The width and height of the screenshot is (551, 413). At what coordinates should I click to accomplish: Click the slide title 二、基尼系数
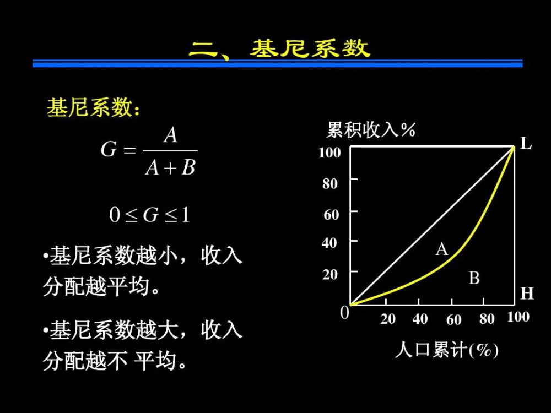(280, 48)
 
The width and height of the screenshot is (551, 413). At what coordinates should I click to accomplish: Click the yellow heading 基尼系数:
(93, 107)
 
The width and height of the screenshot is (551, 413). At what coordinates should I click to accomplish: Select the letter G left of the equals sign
(109, 149)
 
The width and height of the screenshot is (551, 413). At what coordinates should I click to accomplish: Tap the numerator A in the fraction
(171, 135)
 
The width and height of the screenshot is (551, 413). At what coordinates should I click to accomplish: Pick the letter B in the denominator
(188, 167)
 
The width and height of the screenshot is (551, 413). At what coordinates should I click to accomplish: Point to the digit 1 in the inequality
(185, 215)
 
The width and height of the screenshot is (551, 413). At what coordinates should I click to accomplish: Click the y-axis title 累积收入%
(371, 130)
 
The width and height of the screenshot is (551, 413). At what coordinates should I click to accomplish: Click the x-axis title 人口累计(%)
(447, 350)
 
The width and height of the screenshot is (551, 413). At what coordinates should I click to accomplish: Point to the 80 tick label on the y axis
(330, 183)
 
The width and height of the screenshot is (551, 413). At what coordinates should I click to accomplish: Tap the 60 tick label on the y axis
(331, 214)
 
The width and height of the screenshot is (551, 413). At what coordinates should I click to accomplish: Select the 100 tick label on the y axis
(329, 153)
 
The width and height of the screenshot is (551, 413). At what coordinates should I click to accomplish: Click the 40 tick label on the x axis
(420, 319)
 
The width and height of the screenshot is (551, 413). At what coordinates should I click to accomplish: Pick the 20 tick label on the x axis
(388, 319)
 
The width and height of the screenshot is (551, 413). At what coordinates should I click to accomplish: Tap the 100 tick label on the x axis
(518, 317)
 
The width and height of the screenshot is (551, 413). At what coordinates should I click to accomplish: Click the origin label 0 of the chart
(345, 312)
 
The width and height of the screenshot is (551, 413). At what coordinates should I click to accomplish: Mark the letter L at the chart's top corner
(526, 143)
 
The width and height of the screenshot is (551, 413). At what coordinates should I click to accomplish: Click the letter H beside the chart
(527, 294)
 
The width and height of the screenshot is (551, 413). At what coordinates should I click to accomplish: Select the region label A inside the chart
(442, 249)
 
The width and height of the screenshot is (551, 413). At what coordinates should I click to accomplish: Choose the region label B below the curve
(474, 278)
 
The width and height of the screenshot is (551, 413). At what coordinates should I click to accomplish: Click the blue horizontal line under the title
(278, 63)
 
